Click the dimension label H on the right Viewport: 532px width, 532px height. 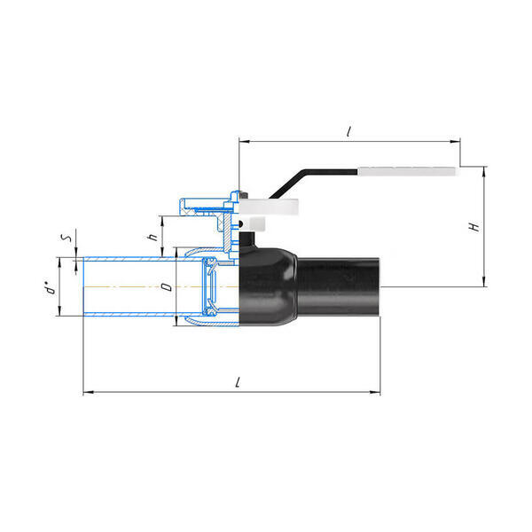pos(474,227)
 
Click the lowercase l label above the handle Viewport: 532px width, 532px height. pos(348,131)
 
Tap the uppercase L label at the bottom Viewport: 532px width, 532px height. pos(239,382)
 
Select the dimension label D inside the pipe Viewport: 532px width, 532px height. pos(168,287)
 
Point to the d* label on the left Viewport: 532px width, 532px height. pos(50,288)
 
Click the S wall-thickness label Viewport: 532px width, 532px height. pos(66,237)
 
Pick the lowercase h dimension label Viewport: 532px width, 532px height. pos(153,236)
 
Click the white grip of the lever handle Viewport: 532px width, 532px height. pos(408,171)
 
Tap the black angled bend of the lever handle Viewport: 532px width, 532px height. pos(288,185)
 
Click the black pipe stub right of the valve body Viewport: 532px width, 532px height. pos(339,287)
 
